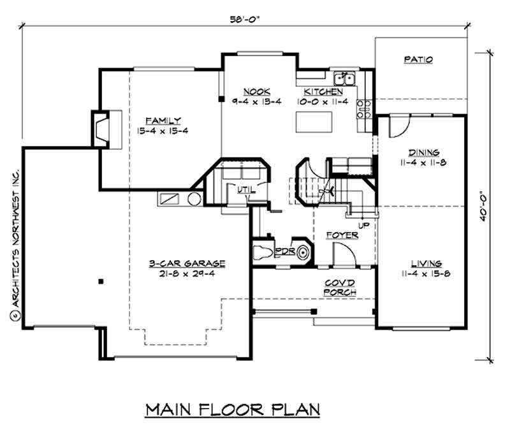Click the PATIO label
pyautogui.click(x=418, y=60)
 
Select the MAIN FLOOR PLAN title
pyautogui.click(x=233, y=408)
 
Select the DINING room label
pyautogui.click(x=423, y=152)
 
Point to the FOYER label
pyautogui.click(x=342, y=235)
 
